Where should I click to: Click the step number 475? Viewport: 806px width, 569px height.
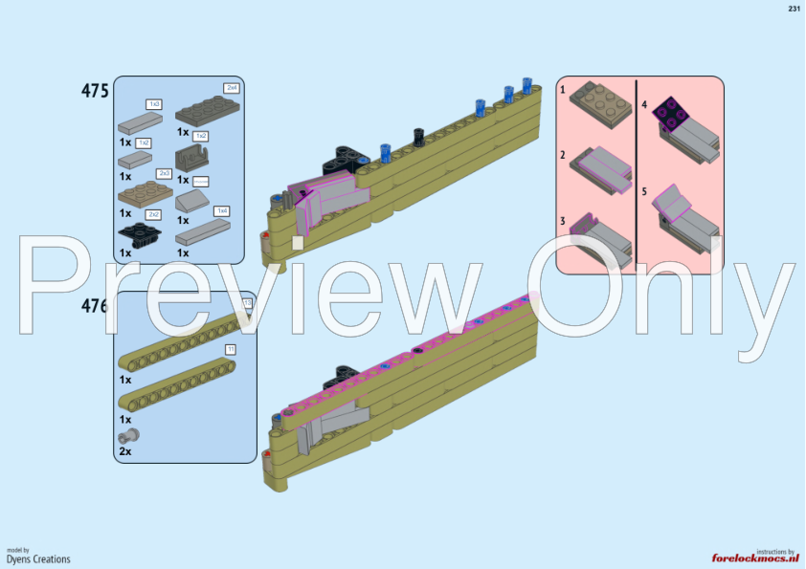[x=96, y=91]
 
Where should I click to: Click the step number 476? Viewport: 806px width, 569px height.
[x=96, y=306]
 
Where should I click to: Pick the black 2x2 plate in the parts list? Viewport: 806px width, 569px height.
[x=137, y=233]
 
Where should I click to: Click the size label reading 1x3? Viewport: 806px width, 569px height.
[x=153, y=103]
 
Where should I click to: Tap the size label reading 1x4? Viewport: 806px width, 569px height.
[x=222, y=210]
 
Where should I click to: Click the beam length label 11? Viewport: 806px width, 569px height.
[x=230, y=349]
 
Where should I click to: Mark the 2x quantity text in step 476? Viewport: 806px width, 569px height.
[x=125, y=450]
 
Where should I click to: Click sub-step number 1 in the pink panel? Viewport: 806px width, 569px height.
[x=563, y=89]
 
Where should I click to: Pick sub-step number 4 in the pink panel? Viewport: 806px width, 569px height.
[x=644, y=104]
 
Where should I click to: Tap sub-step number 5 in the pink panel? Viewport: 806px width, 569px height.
[x=644, y=191]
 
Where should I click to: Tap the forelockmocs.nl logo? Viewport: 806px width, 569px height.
[x=755, y=558]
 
